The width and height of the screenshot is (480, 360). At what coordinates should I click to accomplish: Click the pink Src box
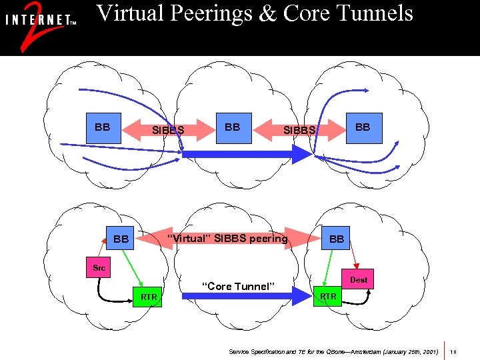tap(99, 268)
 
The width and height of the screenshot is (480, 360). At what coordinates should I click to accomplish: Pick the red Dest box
tap(359, 280)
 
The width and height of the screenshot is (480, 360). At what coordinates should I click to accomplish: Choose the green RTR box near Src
tap(148, 296)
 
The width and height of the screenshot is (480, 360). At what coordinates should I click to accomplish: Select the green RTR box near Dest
tap(328, 296)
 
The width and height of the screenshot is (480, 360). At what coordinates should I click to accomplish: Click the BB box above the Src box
tap(121, 238)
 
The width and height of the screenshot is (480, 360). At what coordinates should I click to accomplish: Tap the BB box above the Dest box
tap(337, 238)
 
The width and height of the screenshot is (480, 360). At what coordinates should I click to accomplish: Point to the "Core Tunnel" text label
tap(238, 287)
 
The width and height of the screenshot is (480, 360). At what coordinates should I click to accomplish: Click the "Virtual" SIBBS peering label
tap(227, 238)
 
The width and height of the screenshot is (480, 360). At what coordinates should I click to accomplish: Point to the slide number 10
tap(453, 351)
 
